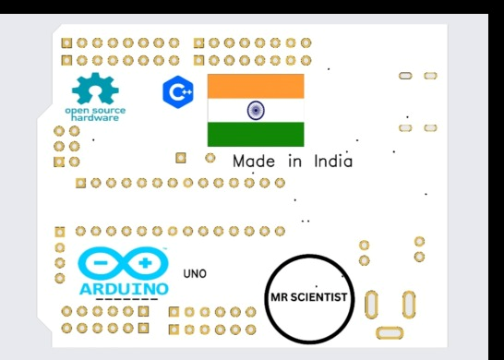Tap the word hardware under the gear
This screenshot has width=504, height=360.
tap(94, 119)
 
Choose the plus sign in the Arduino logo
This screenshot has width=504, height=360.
tap(145, 265)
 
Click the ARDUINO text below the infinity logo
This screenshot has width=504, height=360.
tap(124, 288)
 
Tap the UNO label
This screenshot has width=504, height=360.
tap(195, 273)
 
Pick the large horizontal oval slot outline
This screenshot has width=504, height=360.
tap(390, 331)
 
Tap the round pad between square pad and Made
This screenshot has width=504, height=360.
tap(210, 158)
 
